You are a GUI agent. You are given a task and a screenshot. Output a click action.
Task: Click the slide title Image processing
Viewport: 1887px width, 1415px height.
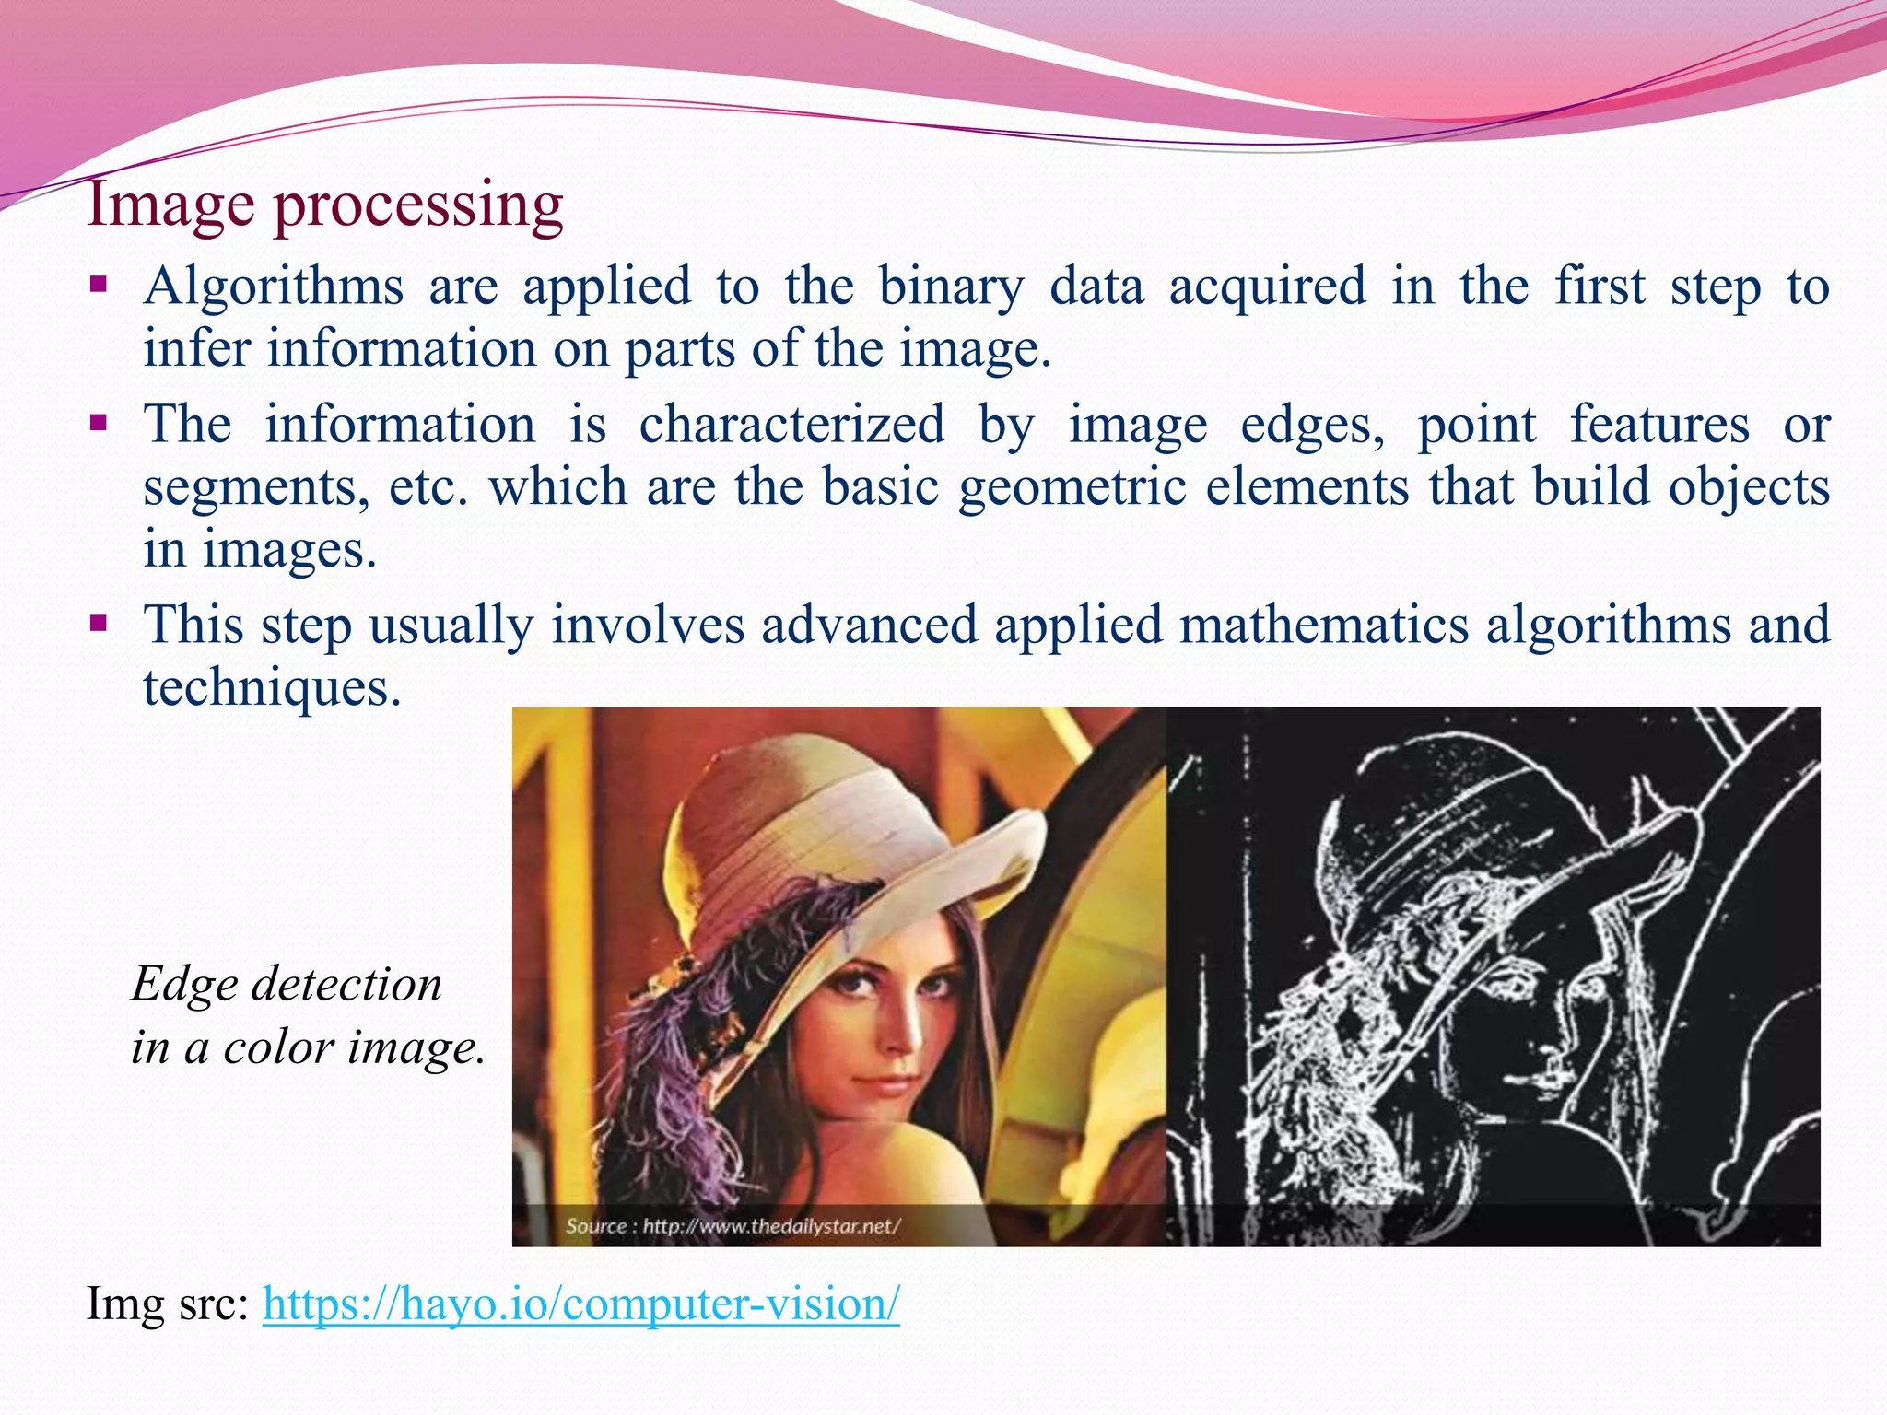[x=324, y=205]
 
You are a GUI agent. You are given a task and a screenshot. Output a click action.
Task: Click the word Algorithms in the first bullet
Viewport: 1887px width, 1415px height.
[x=274, y=287]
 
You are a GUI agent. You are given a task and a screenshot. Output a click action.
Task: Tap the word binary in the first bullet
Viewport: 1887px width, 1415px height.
[x=950, y=287]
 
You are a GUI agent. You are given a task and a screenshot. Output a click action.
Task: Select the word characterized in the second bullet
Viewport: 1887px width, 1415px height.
[x=791, y=426]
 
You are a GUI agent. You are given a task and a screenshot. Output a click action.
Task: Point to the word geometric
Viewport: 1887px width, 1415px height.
[x=1072, y=487]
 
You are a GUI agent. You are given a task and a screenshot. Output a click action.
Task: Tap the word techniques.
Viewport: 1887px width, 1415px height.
[x=272, y=688]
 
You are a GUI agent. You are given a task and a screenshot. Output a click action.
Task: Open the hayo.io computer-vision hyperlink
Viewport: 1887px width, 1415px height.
[x=580, y=1304]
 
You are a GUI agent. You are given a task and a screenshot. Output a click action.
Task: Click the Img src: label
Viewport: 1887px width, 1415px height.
[x=167, y=1304]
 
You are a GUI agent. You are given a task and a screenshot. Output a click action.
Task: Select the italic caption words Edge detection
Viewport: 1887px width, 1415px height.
[x=287, y=985]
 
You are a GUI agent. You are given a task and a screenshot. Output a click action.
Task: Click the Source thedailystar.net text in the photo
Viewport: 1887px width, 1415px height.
[x=733, y=1226]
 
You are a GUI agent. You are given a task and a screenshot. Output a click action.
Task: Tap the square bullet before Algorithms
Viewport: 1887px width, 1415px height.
[x=99, y=283]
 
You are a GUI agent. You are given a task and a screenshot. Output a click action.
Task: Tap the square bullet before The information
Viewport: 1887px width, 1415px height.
[x=99, y=425]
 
